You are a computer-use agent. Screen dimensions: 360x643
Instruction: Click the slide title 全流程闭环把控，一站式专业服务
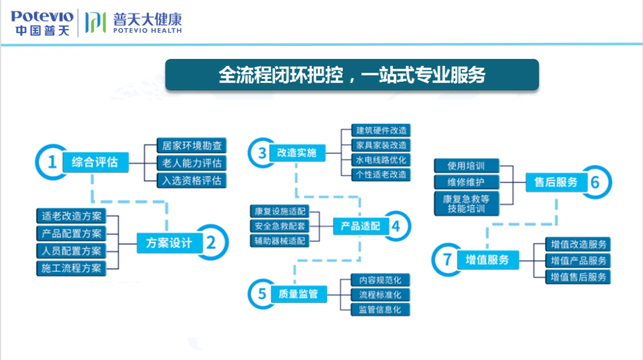tap(352, 75)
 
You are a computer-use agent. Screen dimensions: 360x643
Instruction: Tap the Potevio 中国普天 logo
tap(42, 23)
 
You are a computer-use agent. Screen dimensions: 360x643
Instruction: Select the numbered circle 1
tap(52, 162)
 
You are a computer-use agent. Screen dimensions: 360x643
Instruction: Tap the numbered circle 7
tap(448, 259)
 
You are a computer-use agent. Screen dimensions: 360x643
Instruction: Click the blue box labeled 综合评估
tap(95, 162)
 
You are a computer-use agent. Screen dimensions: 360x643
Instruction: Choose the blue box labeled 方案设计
tap(169, 243)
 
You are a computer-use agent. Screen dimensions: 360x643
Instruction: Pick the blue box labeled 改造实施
tap(296, 153)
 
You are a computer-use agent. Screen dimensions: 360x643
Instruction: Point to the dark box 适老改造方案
tap(71, 216)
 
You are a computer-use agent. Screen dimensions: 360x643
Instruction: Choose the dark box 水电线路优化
tap(381, 160)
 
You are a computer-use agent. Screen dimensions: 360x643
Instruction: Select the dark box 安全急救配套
tap(279, 226)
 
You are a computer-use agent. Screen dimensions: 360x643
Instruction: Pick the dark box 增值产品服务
tap(579, 261)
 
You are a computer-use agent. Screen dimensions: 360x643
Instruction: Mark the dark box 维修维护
tap(466, 181)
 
